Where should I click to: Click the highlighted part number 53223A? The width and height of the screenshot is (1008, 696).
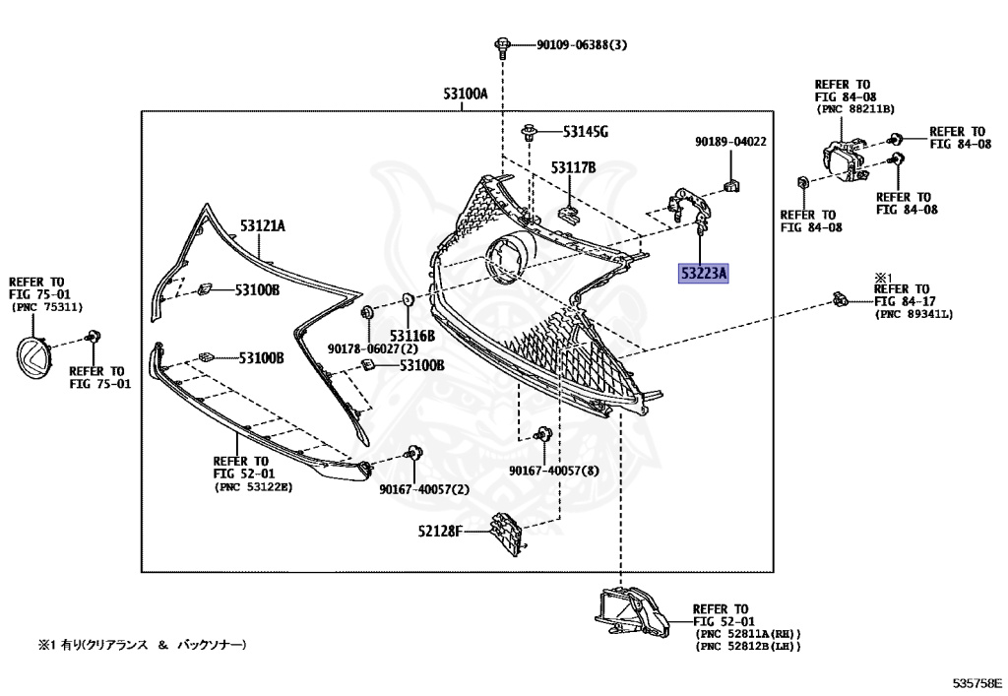702,274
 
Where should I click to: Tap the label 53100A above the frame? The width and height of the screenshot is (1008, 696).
466,95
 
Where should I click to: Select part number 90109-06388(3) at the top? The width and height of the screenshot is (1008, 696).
582,45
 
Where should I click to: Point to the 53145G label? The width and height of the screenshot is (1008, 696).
586,131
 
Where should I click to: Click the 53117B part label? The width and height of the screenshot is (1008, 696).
574,168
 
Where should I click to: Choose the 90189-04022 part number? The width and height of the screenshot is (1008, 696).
729,142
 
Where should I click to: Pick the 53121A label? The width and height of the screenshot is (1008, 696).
263,225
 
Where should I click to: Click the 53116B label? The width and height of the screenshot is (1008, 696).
411,336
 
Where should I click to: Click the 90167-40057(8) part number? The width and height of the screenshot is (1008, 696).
554,471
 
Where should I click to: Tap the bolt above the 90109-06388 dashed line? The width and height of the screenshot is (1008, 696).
503,42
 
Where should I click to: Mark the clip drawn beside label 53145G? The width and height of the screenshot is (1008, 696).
531,131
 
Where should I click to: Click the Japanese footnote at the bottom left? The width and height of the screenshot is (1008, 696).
142,645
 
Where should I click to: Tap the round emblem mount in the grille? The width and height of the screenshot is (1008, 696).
506,260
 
